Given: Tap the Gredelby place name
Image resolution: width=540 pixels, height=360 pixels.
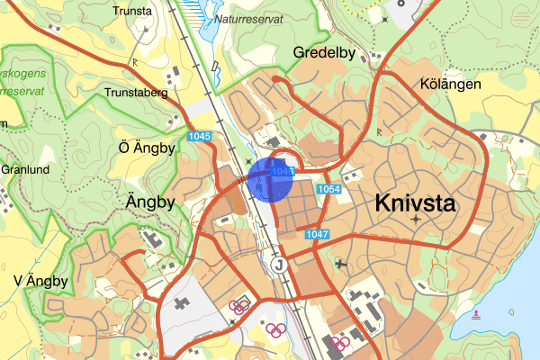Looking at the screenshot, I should [325, 53].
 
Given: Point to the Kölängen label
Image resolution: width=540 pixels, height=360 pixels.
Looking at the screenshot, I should [451, 84].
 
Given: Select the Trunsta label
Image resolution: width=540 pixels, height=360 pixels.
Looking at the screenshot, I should [133, 12].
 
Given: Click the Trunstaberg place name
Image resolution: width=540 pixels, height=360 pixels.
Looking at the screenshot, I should [138, 92].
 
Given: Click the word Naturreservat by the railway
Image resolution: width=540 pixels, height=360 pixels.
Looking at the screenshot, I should [245, 18].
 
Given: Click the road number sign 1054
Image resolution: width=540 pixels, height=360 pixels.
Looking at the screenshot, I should [329, 189].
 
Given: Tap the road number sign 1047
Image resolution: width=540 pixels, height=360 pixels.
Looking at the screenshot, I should [318, 234].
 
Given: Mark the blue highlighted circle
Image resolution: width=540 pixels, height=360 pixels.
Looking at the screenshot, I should [271, 178].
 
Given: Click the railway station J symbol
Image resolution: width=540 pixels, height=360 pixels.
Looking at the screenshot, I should [279, 265].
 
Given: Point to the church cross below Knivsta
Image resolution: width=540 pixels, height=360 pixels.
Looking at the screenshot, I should [416, 219].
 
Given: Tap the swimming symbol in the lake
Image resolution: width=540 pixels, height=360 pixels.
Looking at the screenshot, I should [477, 314].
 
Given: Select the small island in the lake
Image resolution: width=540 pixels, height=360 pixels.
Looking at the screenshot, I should [512, 312].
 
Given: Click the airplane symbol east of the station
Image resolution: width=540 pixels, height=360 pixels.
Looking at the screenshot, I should [340, 264].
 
